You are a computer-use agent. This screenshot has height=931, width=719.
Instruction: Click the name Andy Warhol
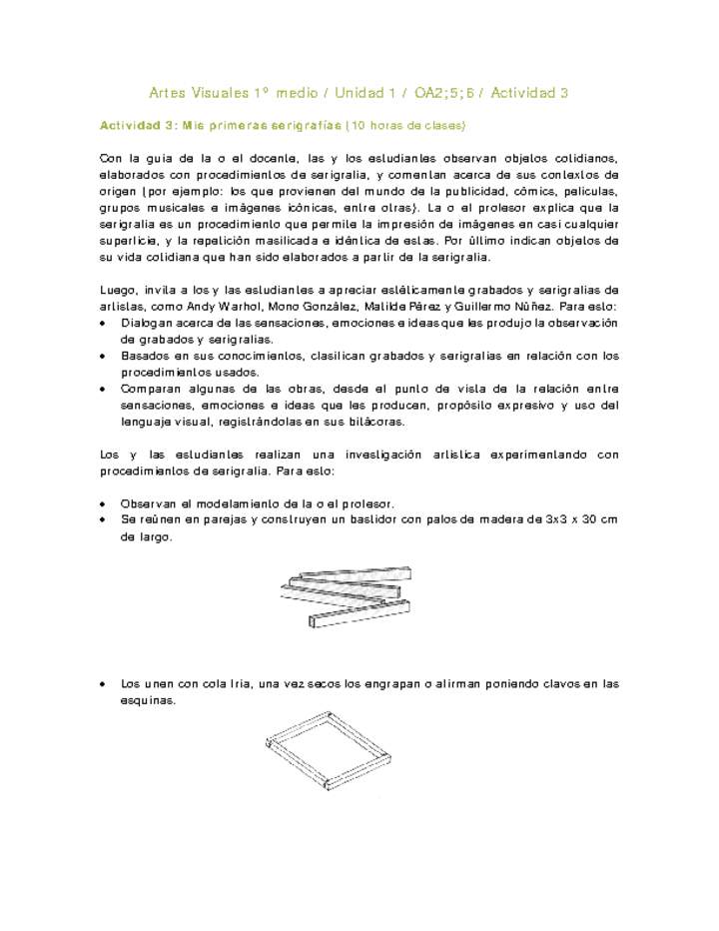212,307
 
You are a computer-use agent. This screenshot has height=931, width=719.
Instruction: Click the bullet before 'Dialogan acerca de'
106,324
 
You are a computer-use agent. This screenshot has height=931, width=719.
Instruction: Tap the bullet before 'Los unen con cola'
106,684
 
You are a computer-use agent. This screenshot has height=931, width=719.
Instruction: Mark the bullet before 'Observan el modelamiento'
106,503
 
